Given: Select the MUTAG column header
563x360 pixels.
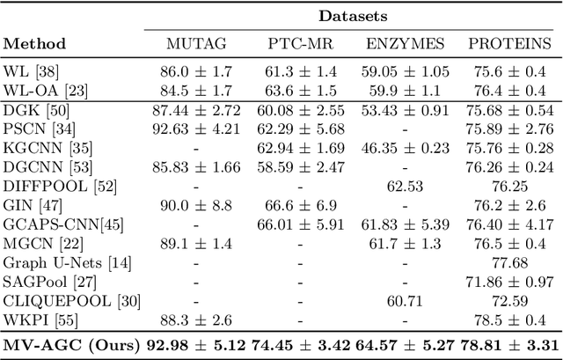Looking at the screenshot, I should point(195,43).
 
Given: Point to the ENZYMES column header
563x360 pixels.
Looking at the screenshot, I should point(405,43).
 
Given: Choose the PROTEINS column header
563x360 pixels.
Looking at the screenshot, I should point(510,43).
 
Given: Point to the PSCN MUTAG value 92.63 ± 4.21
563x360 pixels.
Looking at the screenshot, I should point(195,129).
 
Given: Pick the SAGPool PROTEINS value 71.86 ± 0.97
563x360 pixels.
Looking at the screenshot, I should point(510,283).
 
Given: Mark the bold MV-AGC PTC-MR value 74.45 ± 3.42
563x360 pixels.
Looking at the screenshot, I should point(302,345).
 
